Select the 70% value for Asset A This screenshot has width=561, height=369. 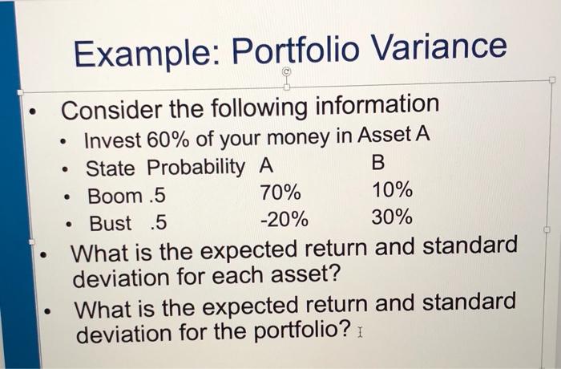[x=280, y=193]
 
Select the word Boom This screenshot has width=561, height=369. [x=114, y=195]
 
